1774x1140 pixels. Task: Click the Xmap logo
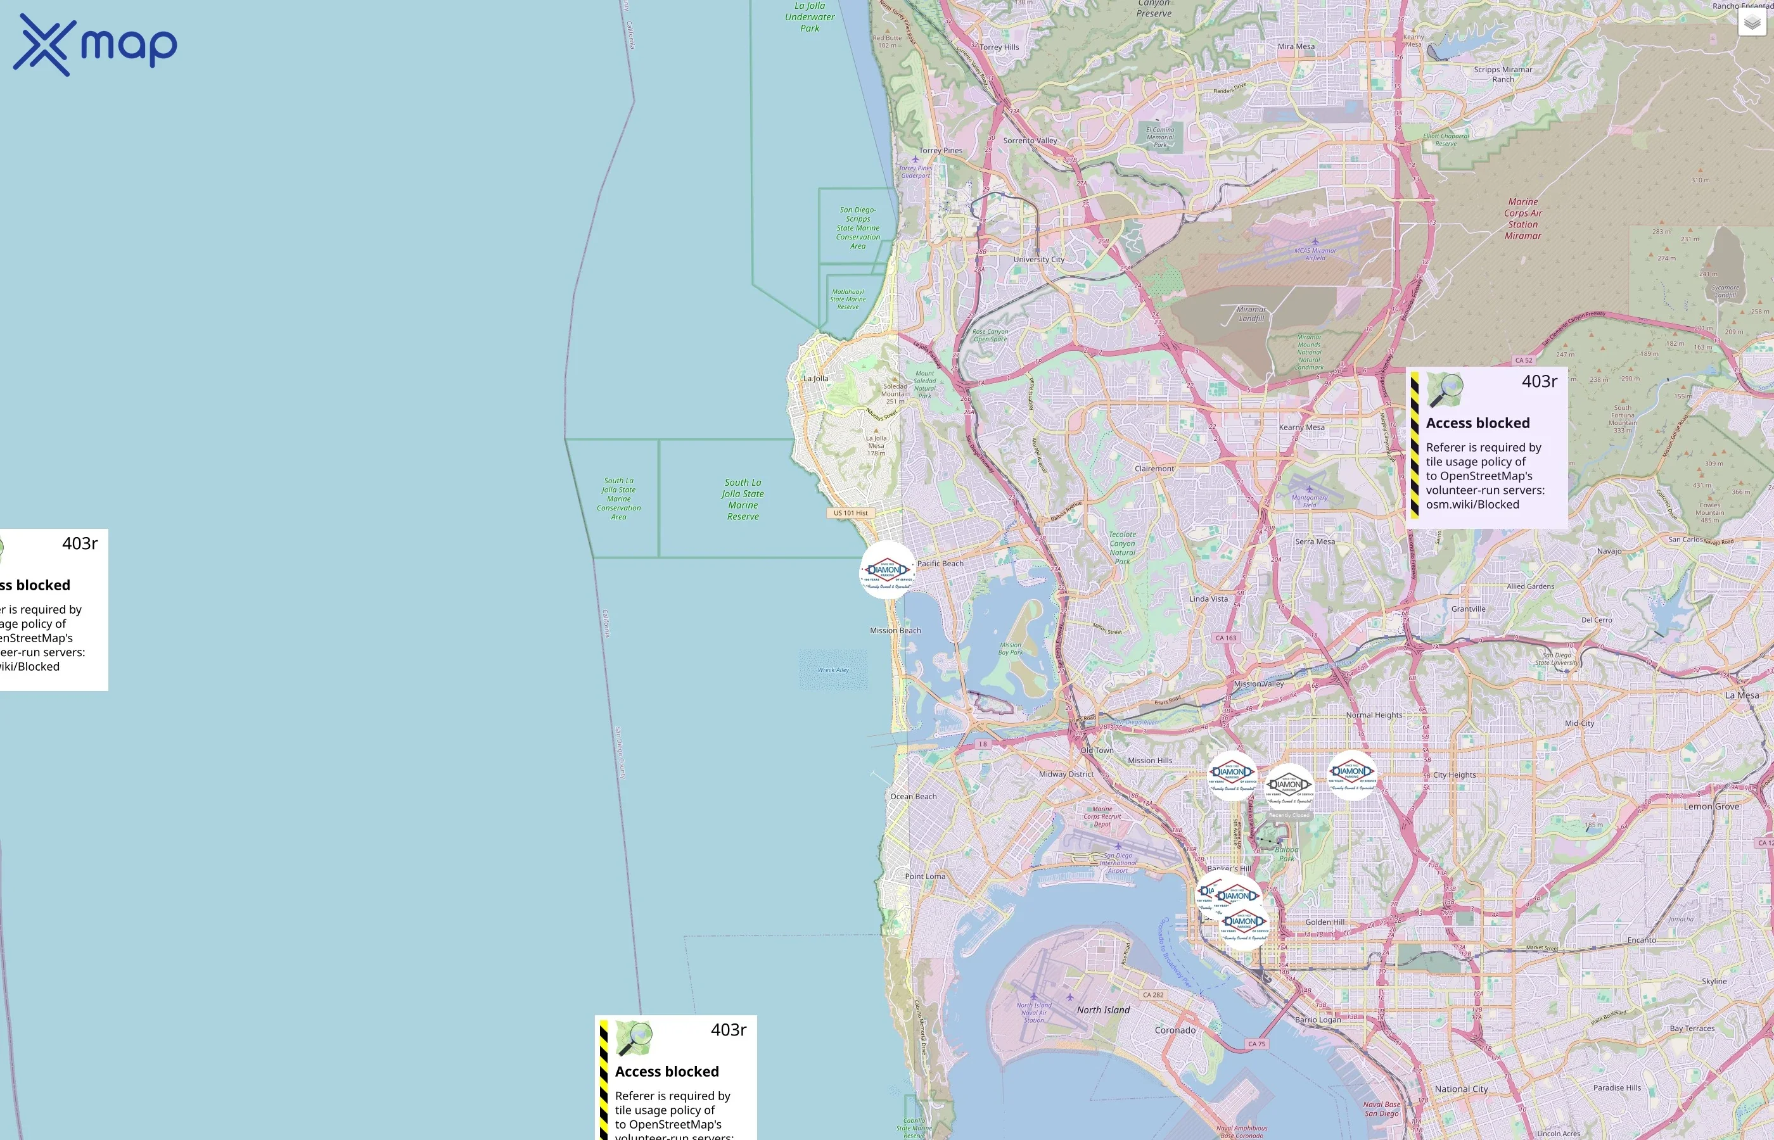pos(95,45)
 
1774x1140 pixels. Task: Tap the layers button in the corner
pos(1752,23)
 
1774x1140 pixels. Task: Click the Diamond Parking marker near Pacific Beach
pos(887,570)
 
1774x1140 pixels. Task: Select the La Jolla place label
pos(816,378)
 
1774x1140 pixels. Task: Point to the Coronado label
pos(1175,1030)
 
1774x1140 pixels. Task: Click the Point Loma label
pos(925,877)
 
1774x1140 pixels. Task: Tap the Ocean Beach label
pos(913,797)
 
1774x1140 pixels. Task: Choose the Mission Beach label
pos(895,631)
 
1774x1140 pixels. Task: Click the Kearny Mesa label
pos(1301,427)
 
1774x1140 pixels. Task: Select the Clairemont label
pos(1154,469)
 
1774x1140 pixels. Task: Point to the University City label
pos(1039,260)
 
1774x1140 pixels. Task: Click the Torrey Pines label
pos(940,150)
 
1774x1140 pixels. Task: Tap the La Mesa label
pos(1742,695)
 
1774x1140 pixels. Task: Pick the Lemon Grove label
pos(1711,806)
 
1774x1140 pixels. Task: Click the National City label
pos(1461,1089)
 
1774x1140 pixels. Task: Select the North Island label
pos(1103,1010)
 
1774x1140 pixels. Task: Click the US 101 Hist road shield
pos(851,513)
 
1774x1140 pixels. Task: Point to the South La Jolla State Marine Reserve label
pos(743,499)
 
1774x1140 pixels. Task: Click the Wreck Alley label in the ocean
pos(833,670)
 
